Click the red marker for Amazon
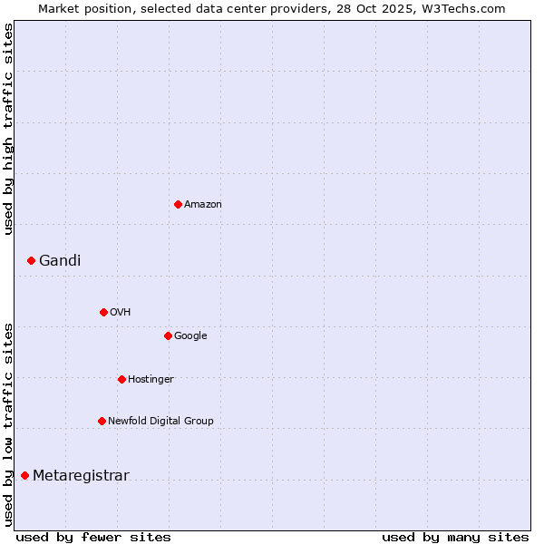(178, 204)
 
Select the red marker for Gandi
(31, 260)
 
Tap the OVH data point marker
(103, 312)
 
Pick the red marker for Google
(168, 335)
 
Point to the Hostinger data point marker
(121, 379)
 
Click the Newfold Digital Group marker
(102, 421)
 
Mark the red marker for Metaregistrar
(24, 475)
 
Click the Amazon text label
(203, 205)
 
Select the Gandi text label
(60, 261)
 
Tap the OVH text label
(121, 313)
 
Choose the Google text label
(190, 336)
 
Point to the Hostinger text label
(151, 380)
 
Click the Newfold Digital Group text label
(160, 422)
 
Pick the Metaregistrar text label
(81, 476)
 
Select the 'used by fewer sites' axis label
(93, 537)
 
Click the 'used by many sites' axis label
(455, 537)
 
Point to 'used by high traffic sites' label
(8, 130)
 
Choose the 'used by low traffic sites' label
(8, 424)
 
